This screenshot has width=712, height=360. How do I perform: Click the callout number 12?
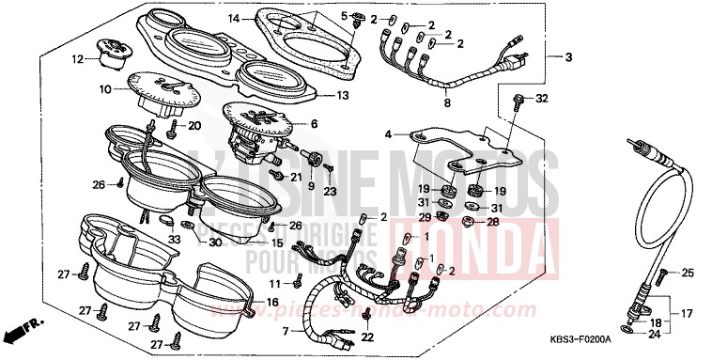[78, 59]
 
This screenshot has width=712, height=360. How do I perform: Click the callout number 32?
[541, 99]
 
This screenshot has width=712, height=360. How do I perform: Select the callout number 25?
[688, 273]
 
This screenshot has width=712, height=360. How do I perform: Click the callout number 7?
[286, 331]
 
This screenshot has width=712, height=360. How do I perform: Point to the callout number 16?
[272, 302]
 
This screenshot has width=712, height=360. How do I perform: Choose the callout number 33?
[173, 239]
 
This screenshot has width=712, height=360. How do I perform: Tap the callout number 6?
[314, 123]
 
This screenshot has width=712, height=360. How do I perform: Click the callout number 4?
[389, 134]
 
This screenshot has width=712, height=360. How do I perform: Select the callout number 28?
[493, 222]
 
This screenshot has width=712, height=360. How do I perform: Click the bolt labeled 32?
[518, 99]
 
